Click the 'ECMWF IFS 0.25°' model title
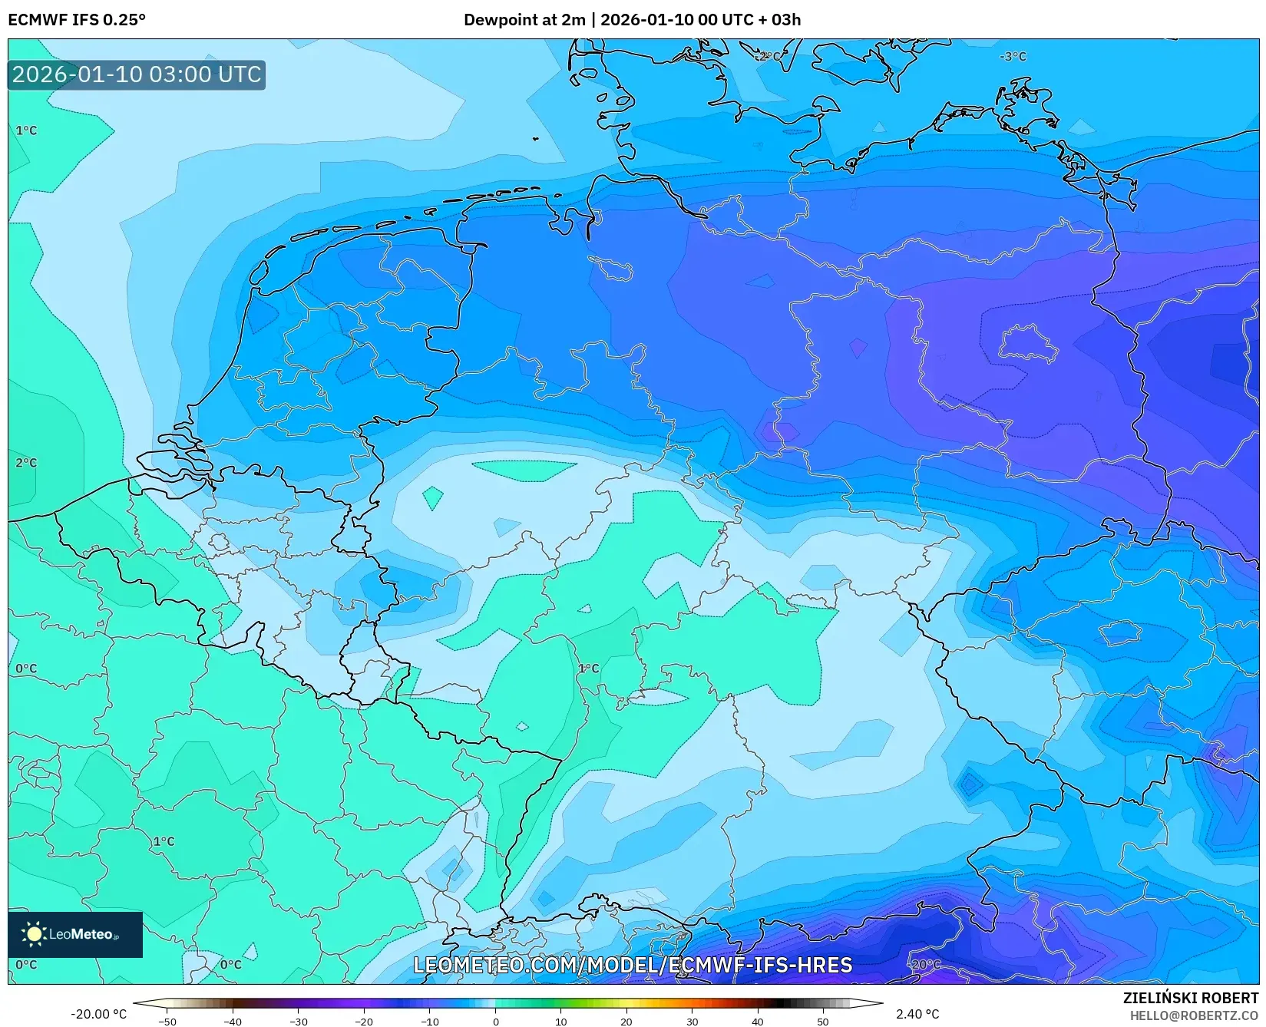point(77,20)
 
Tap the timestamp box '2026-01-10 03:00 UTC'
point(137,75)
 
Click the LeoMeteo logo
point(75,934)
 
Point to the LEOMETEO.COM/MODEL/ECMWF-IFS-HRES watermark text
point(633,965)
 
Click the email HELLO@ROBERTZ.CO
point(1194,1015)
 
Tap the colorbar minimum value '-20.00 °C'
point(98,1014)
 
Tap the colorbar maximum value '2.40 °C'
point(917,1014)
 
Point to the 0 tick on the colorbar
point(495,1021)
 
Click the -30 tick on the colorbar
point(299,1021)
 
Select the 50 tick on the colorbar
point(823,1021)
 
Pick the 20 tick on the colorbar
point(626,1021)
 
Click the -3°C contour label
point(1013,57)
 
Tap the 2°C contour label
point(26,463)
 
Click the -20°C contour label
point(924,964)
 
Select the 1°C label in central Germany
point(588,669)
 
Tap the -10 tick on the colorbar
point(430,1021)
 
